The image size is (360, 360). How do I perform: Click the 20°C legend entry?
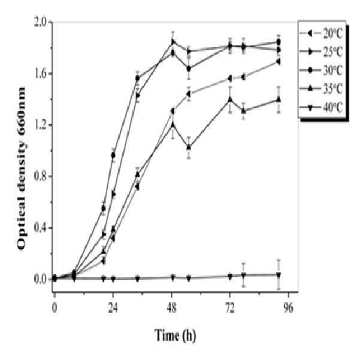pos(322,34)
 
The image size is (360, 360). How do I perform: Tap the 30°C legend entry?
pos(322,70)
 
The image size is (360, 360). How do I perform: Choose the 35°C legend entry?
pos(322,89)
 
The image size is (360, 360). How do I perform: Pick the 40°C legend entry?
pos(322,107)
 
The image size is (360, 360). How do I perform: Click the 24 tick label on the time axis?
pos(113,308)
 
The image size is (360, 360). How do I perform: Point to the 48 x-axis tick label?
pos(172,308)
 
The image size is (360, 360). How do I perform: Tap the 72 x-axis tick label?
pos(230,308)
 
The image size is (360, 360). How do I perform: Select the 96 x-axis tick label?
pos(289,308)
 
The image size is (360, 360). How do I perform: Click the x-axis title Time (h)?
pos(175,335)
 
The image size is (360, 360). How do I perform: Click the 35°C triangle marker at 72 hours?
pos(230,99)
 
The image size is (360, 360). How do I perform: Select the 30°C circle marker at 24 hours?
pos(113,155)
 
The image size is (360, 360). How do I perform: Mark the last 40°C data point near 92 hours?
pos(279,274)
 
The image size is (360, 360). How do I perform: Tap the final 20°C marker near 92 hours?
pos(279,62)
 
